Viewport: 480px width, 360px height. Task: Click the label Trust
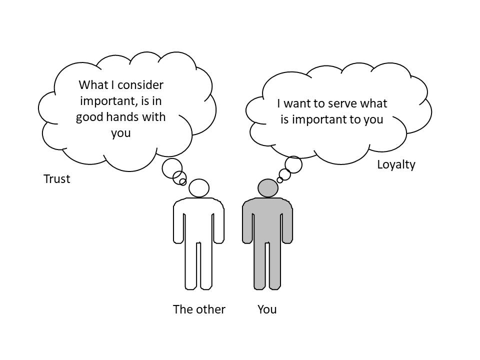pos(56,179)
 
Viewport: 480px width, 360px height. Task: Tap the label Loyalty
pos(396,164)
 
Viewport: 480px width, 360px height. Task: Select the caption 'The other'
pos(199,309)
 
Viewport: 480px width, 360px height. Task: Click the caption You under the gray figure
pos(267,309)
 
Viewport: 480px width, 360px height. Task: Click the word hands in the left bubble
pos(123,117)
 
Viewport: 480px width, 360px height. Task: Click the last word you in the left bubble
pos(121,133)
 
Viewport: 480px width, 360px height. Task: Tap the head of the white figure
pos(199,188)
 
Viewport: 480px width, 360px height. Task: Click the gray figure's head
pos(268,188)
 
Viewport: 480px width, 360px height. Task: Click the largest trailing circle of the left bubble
pos(172,168)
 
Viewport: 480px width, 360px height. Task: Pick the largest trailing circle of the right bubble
pos(293,164)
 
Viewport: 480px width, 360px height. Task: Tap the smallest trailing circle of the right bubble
pos(280,180)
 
